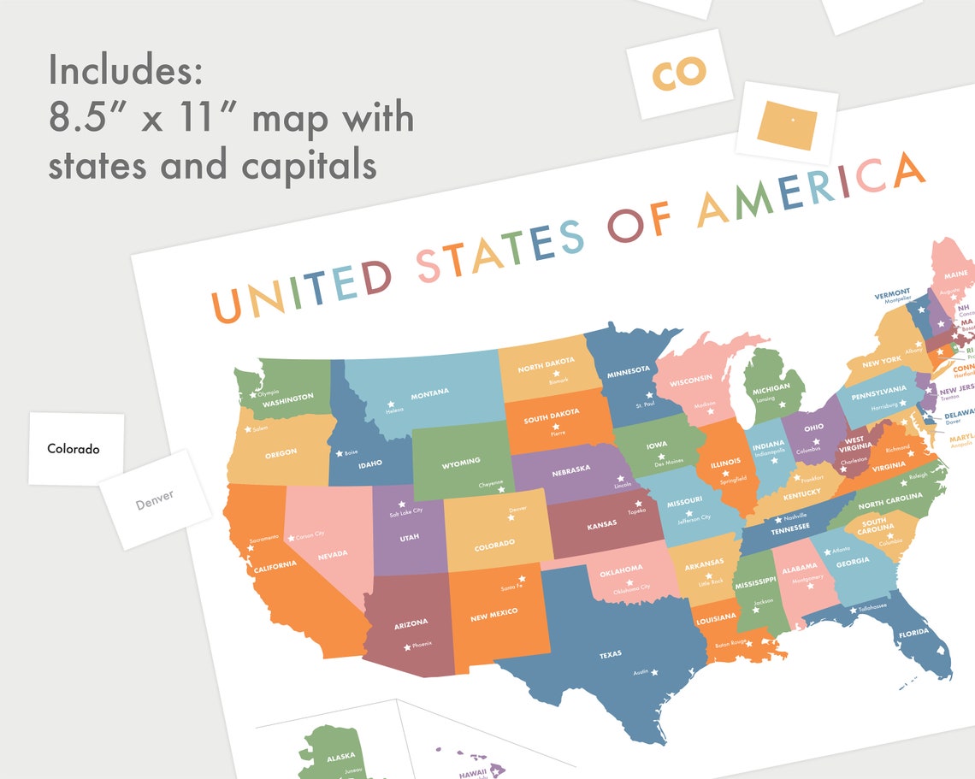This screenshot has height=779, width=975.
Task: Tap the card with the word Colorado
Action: coord(74,448)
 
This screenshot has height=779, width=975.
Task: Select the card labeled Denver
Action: coord(155,500)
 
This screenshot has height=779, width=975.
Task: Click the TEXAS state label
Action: coord(610,655)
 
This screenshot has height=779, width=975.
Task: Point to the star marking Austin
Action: coord(654,673)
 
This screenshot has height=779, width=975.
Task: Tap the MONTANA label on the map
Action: coord(429,393)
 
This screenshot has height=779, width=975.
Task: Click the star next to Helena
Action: coord(391,404)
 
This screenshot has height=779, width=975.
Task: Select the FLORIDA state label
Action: coord(913,634)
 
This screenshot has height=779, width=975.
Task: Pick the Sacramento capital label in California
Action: coord(263,539)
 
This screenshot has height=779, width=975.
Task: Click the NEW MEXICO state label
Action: coord(494,614)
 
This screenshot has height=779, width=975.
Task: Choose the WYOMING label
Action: coord(461,463)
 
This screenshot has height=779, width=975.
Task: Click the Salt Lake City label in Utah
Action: coord(405,511)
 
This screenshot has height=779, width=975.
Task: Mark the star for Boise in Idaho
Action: coord(339,453)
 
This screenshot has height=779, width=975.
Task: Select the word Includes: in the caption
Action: coord(125,69)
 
